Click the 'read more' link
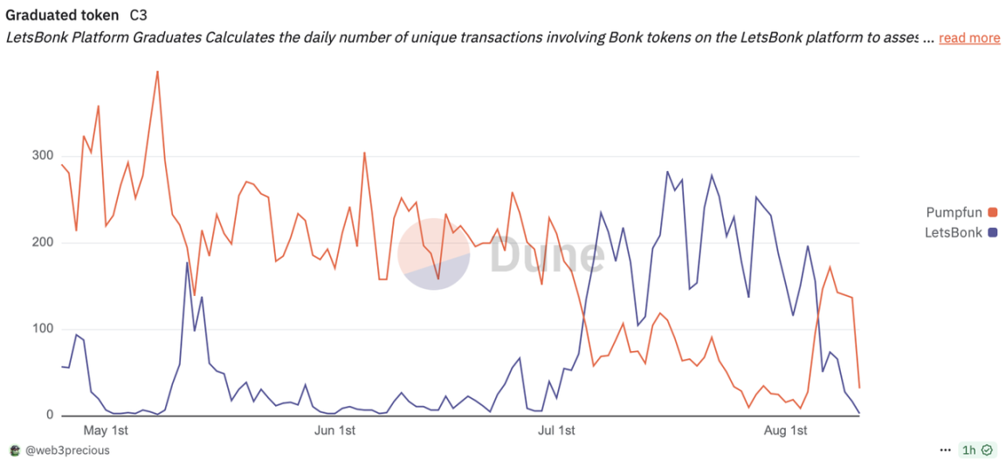(x=969, y=38)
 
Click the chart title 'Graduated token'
(x=62, y=16)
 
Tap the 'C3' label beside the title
(x=138, y=16)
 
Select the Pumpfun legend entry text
(x=954, y=212)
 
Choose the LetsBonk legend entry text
(x=954, y=232)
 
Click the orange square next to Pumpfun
(x=992, y=212)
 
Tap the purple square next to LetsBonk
(x=992, y=232)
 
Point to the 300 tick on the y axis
(x=41, y=156)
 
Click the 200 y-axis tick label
(x=41, y=243)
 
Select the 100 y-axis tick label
(x=41, y=329)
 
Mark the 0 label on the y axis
(x=49, y=416)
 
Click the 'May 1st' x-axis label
(x=106, y=430)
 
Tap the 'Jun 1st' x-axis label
(x=334, y=430)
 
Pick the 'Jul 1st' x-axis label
(x=556, y=430)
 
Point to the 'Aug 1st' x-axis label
(x=785, y=430)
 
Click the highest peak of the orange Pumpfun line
(x=157, y=72)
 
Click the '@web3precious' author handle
(x=66, y=451)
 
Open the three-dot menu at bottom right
(x=945, y=451)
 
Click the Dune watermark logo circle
(x=434, y=254)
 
